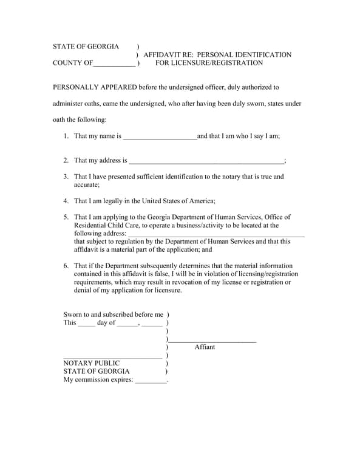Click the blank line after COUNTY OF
coord(115,64)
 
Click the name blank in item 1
coord(160,137)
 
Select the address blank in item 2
coord(206,161)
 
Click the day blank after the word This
coord(86,323)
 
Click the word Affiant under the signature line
coord(205,347)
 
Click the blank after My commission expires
coord(150,380)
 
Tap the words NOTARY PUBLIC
coord(92,363)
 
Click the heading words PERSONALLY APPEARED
coord(95,87)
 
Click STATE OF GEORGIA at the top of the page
coord(86,47)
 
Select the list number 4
coord(66,201)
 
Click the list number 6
coord(66,266)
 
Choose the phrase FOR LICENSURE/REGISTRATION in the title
coord(209,63)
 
